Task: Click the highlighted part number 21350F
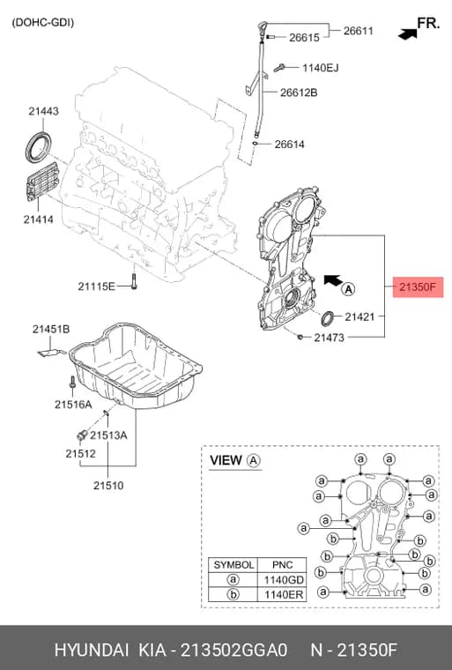[418, 287]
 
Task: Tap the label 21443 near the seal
[43, 111]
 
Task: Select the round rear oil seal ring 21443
[38, 147]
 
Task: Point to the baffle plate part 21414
[42, 182]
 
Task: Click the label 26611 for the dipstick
[358, 31]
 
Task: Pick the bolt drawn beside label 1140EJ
[280, 68]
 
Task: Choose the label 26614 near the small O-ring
[289, 145]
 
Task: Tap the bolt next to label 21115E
[134, 282]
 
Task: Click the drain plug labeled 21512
[82, 435]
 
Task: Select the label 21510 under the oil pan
[108, 486]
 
